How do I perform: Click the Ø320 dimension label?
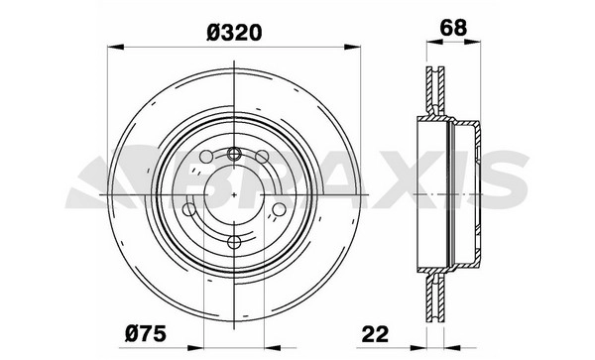(x=234, y=33)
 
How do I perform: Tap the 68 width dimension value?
(x=453, y=28)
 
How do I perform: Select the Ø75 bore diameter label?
(x=146, y=334)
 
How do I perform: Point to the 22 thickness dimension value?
(x=375, y=334)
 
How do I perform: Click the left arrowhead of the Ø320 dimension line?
(x=116, y=47)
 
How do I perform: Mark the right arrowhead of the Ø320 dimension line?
(x=352, y=47)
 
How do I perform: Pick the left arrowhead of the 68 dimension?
(x=435, y=42)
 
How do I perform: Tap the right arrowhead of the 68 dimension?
(x=472, y=42)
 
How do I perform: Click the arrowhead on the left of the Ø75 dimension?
(x=195, y=348)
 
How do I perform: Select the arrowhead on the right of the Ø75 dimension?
(x=273, y=348)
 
